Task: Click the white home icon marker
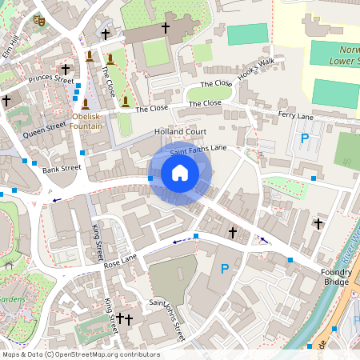tap(180, 173)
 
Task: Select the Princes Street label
tap(50, 79)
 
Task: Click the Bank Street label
tap(62, 169)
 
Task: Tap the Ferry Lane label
tap(295, 117)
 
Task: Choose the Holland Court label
tap(180, 131)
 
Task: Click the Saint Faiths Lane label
tap(198, 148)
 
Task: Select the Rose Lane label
tap(121, 261)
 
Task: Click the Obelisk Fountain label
tap(86, 120)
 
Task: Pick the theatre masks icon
tap(37, 23)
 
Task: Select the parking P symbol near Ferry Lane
tap(304, 139)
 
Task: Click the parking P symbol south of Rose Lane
tap(225, 270)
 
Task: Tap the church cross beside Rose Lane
tap(233, 233)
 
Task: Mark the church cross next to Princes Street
tap(66, 70)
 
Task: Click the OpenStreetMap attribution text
tap(81, 354)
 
